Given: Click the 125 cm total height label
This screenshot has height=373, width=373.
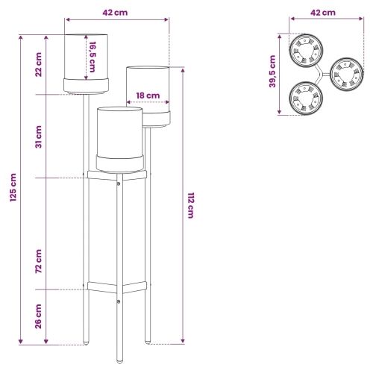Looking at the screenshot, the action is point(13,187).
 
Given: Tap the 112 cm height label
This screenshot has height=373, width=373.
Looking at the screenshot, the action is point(190,205).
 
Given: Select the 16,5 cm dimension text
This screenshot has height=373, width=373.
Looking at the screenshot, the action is point(93,57).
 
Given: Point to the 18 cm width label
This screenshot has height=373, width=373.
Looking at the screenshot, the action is point(148,95).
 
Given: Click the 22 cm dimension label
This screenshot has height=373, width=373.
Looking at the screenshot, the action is point(38,64).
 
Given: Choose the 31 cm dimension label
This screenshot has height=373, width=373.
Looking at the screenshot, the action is point(38,137).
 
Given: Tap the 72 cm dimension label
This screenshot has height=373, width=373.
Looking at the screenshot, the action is point(38,261).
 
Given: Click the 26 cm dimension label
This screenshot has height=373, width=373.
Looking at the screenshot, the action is point(38,316).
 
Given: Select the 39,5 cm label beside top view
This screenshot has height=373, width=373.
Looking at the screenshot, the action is point(272,72).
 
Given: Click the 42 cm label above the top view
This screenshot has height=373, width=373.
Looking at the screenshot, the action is point(323,13).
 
